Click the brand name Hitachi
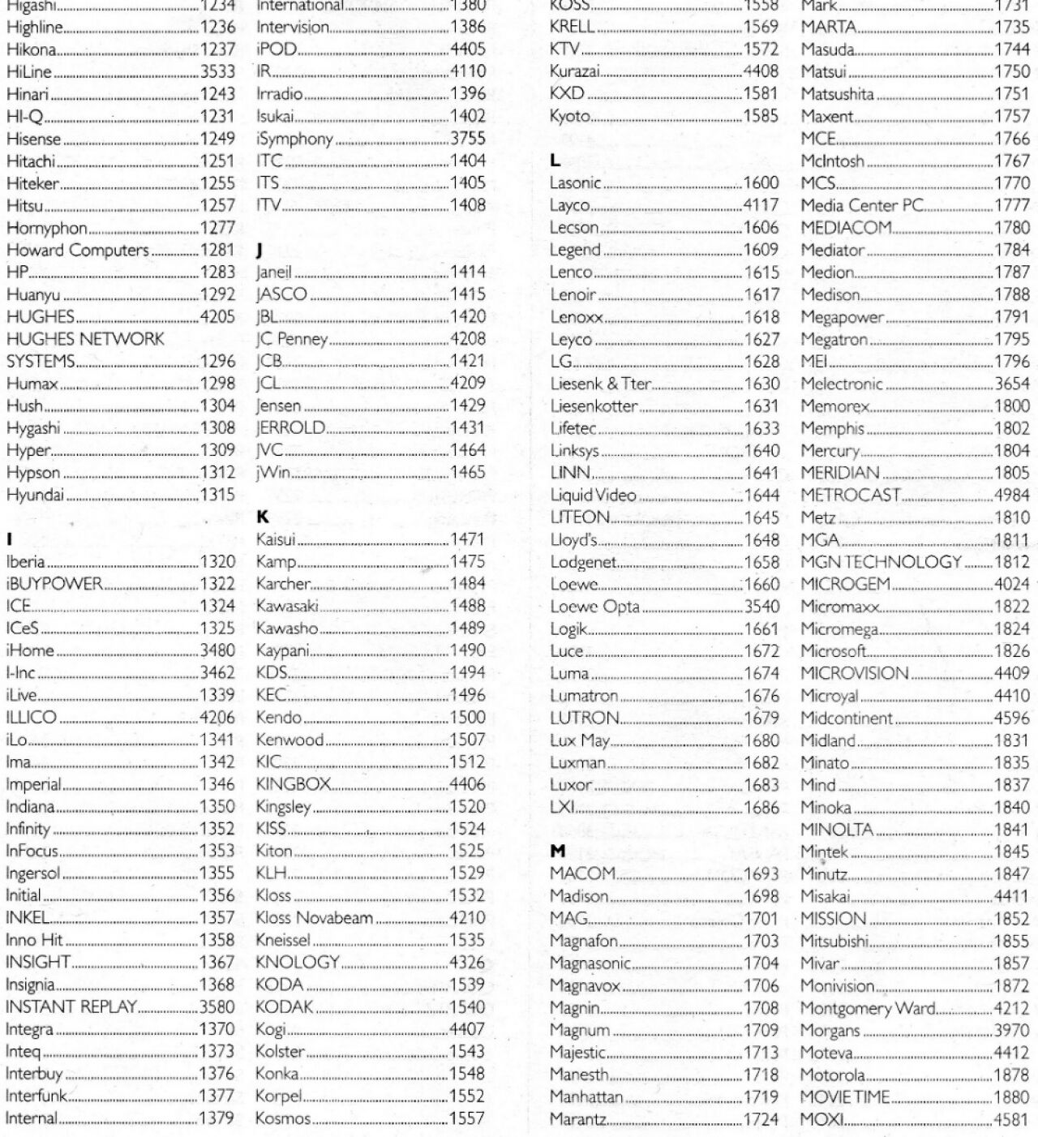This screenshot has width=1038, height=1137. pyautogui.click(x=31, y=161)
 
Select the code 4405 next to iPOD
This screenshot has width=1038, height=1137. pyautogui.click(x=468, y=49)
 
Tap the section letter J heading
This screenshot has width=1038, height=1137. pyautogui.click(x=259, y=250)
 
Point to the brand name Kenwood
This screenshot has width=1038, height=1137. pyautogui.click(x=290, y=740)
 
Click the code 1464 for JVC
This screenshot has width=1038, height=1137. pyautogui.click(x=468, y=450)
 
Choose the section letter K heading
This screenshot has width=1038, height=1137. pyautogui.click(x=262, y=517)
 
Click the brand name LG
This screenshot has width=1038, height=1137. pyautogui.click(x=560, y=362)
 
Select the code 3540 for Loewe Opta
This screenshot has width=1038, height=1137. pyautogui.click(x=761, y=607)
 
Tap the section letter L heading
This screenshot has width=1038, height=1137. pyautogui.click(x=555, y=161)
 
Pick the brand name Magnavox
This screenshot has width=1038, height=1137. pyautogui.click(x=585, y=986)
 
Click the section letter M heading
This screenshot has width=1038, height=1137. pyautogui.click(x=557, y=852)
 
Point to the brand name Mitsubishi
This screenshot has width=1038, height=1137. pyautogui.click(x=834, y=942)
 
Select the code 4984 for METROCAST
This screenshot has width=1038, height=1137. pyautogui.click(x=1012, y=496)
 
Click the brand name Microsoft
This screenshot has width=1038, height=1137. pyautogui.click(x=834, y=651)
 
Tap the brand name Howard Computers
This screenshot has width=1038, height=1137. pyautogui.click(x=78, y=251)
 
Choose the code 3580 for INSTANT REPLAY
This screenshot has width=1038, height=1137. pyautogui.click(x=217, y=1007)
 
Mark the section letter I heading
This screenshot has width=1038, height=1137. pyautogui.click(x=9, y=539)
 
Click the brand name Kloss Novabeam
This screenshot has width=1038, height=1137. pyautogui.click(x=314, y=919)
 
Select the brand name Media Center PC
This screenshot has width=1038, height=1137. pyautogui.click(x=862, y=206)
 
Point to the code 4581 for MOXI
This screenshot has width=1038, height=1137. pyautogui.click(x=1012, y=1120)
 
